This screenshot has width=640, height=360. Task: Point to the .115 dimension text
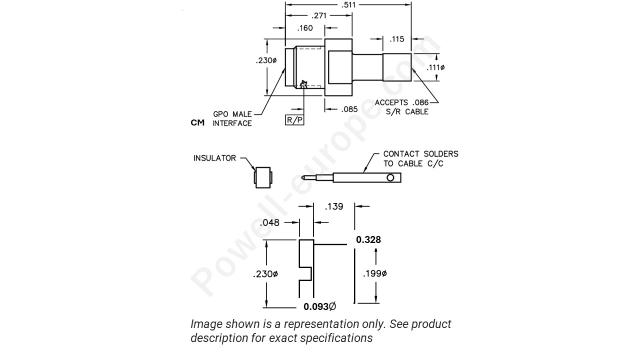pyautogui.click(x=397, y=39)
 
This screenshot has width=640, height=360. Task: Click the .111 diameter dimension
pyautogui.click(x=436, y=67)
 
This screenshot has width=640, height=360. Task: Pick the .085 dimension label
pyautogui.click(x=349, y=109)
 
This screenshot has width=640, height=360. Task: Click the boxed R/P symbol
pyautogui.click(x=294, y=120)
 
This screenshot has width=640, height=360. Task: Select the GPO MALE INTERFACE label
pyautogui.click(x=232, y=119)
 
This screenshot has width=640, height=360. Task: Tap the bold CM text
pyautogui.click(x=197, y=122)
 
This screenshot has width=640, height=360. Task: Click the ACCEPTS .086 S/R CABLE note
pyautogui.click(x=402, y=107)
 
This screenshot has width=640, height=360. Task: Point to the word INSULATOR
pyautogui.click(x=214, y=158)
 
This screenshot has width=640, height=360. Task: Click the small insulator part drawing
pyautogui.click(x=263, y=177)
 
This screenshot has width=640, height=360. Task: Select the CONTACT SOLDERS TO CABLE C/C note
pyautogui.click(x=420, y=158)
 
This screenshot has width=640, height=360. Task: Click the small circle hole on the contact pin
pyautogui.click(x=390, y=177)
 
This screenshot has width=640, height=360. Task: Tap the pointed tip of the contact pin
pyautogui.click(x=303, y=177)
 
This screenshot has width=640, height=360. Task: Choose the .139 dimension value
pyautogui.click(x=334, y=206)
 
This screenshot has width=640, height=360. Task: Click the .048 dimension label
pyautogui.click(x=269, y=222)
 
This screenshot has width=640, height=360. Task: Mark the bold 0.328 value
pyautogui.click(x=368, y=240)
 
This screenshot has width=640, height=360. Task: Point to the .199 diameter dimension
pyautogui.click(x=375, y=273)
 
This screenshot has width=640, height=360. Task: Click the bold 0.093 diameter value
pyautogui.click(x=319, y=306)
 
